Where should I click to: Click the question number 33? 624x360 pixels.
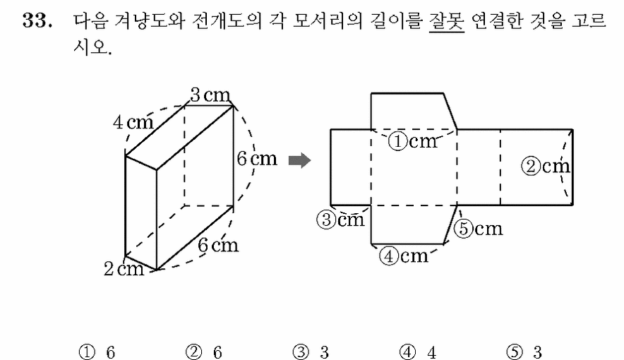point(37,20)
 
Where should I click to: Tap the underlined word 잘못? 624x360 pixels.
point(447,21)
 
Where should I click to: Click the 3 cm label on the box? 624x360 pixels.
point(210,95)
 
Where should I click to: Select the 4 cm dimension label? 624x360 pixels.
point(133,121)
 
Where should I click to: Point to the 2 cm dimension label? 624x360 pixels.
point(124,269)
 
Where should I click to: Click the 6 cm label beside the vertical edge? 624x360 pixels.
point(257,159)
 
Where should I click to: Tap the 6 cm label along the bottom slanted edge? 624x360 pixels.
point(218,245)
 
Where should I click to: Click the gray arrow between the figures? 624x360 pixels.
point(300,161)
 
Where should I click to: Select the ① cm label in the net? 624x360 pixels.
point(413,141)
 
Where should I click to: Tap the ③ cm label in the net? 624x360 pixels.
point(341,220)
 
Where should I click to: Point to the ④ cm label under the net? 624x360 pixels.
point(404,256)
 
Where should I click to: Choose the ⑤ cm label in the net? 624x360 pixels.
point(479,229)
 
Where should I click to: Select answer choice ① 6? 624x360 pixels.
point(97,352)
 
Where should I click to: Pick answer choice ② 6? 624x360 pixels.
point(204,352)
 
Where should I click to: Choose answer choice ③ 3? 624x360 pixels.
point(311,352)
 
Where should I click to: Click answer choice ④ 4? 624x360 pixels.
point(418,352)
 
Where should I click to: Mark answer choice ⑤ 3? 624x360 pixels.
point(524,352)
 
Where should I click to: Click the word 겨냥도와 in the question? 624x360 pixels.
point(149,20)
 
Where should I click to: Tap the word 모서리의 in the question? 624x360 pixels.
point(328,20)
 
